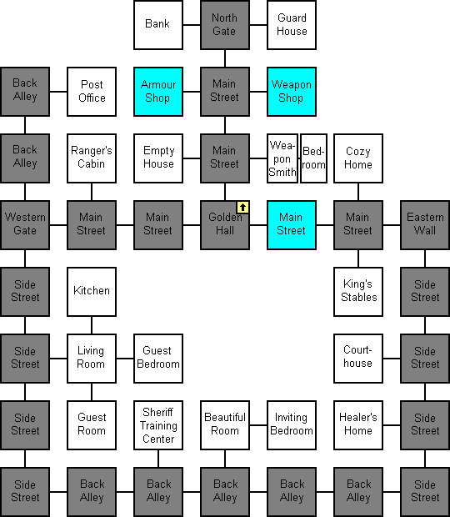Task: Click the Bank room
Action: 158,25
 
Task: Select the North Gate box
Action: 225,25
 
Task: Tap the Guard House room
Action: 292,25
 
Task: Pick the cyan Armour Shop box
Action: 158,92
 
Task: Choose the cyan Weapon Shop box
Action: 292,92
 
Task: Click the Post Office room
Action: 92,92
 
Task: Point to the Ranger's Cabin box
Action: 92,158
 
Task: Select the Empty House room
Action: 158,158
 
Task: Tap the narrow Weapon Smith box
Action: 282,158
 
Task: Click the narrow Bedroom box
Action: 313,158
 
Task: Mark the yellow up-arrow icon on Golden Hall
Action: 242,208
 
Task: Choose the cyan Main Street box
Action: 292,225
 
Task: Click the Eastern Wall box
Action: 425,225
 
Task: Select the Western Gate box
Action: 25,225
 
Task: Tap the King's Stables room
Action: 358,292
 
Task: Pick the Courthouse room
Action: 358,359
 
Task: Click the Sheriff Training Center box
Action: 158,425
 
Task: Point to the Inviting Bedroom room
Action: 292,425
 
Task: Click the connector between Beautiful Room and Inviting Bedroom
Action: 258,425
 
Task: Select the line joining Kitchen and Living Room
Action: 92,325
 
